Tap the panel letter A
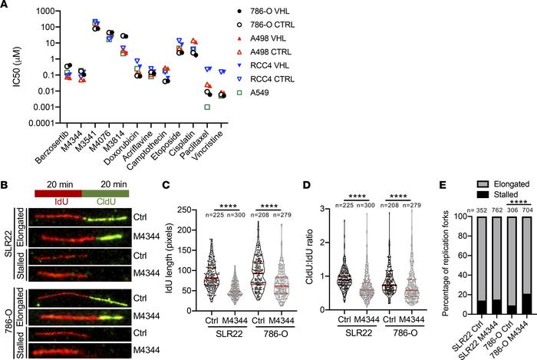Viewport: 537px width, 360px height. (x=7, y=6)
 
